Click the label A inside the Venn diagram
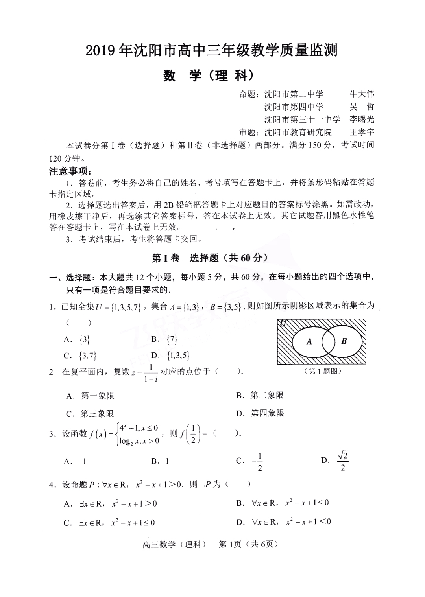point(309,341)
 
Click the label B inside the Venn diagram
point(344,341)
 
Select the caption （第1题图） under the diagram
point(322,371)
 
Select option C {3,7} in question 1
point(80,356)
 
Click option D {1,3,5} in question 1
point(171,356)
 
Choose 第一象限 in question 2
point(91,396)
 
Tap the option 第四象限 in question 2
point(261,413)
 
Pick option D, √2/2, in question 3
point(336,461)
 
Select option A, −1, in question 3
point(75,461)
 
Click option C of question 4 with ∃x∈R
point(110,523)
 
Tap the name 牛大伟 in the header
point(362,94)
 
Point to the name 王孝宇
point(362,132)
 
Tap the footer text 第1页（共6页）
point(248,544)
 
